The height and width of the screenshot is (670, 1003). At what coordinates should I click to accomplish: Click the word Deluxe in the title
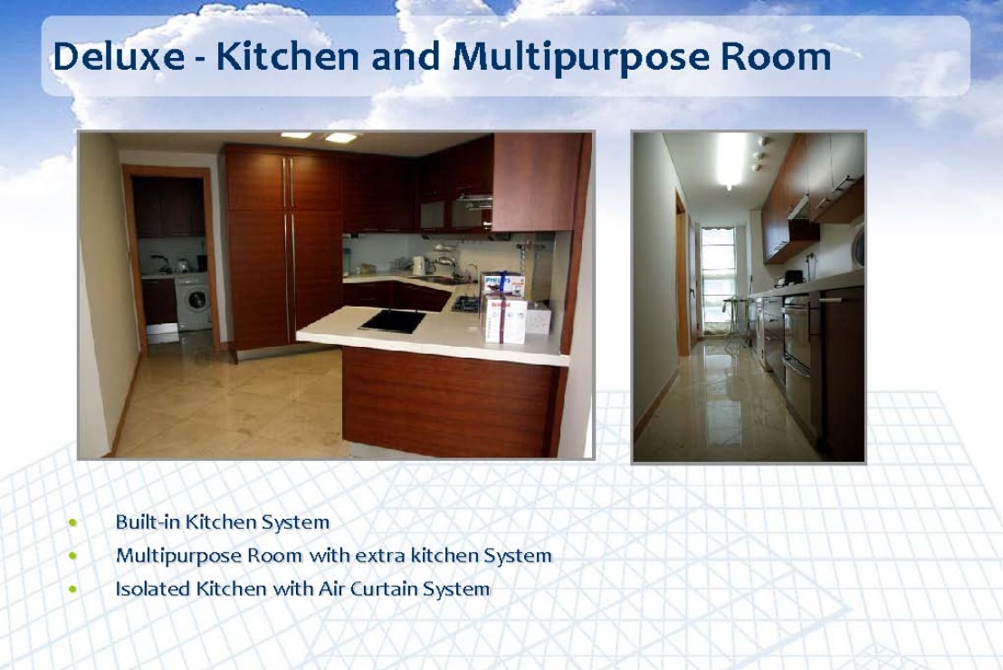point(119,55)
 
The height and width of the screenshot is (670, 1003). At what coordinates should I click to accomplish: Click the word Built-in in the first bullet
point(148,522)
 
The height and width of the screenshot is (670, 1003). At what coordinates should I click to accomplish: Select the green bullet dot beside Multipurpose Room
point(73,556)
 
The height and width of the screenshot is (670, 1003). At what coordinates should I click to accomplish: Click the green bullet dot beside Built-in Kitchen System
point(73,522)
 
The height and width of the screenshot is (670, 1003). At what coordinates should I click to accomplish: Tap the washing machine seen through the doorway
point(193,301)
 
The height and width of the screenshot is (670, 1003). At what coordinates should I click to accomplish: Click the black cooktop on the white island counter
point(393,321)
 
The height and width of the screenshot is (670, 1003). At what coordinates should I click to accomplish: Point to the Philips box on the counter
point(502,284)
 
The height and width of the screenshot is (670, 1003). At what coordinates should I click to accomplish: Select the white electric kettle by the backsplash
point(418,265)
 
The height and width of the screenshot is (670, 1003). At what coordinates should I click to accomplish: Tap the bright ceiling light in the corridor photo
point(730,160)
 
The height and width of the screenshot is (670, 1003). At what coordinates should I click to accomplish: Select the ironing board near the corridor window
point(736,319)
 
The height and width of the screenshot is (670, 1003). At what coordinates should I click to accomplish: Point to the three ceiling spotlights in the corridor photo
point(759,154)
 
